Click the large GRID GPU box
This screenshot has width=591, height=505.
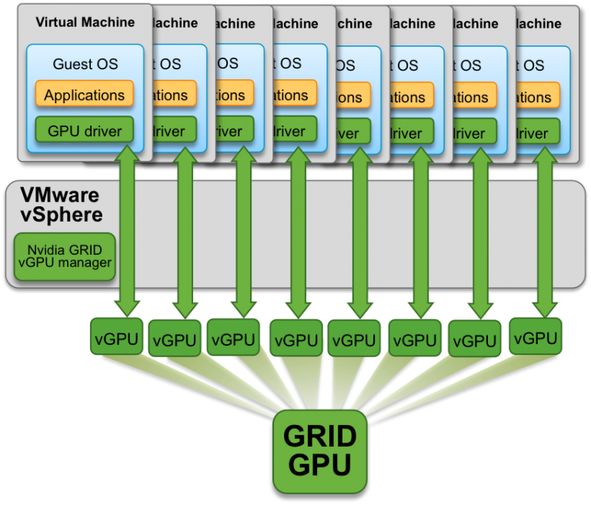tap(320, 451)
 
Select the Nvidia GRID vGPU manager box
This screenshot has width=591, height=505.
tap(65, 256)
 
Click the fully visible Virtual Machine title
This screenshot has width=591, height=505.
tap(85, 22)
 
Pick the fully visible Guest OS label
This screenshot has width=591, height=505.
tap(85, 64)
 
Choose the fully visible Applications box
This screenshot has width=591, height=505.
tap(85, 95)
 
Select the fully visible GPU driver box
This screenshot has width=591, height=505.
tap(85, 131)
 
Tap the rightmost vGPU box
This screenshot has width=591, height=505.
tap(536, 337)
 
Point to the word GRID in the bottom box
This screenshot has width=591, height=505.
tap(320, 436)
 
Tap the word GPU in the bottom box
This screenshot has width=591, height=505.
tap(320, 465)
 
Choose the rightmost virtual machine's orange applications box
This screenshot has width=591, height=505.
tap(543, 97)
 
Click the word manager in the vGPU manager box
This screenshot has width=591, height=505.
tap(88, 263)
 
